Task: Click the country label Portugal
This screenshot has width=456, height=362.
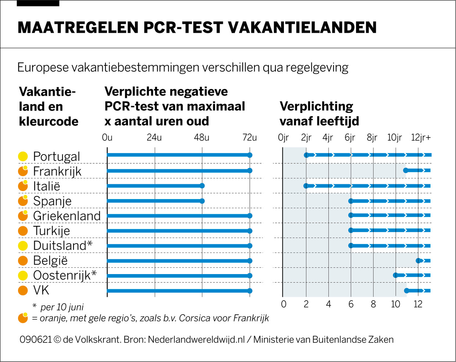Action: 56,156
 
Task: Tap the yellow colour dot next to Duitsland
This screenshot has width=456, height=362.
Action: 23,245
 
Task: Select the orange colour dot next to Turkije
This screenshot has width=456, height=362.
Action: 23,231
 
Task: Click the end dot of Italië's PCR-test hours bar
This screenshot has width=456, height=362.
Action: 202,186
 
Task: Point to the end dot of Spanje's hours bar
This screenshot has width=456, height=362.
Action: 202,201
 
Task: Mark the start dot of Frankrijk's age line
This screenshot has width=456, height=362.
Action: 406,170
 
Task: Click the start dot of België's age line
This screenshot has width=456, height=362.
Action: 418,261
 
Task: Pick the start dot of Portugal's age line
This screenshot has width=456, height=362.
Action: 306,155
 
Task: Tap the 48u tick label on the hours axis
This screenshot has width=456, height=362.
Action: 202,138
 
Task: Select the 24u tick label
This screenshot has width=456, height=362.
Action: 154,138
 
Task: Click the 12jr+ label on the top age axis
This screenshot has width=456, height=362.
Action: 421,138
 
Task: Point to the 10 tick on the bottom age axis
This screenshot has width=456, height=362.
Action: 395,304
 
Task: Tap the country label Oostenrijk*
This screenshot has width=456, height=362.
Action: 65,275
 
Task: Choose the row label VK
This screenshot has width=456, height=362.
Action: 41,290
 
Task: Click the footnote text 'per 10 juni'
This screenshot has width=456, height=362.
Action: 62,307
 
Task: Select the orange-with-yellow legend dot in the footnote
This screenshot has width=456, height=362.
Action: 23,318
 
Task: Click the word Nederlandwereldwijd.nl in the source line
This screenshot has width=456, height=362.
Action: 196,340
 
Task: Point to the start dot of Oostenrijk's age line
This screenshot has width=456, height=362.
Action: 396,275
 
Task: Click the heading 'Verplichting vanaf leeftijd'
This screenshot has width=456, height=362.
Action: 319,114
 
